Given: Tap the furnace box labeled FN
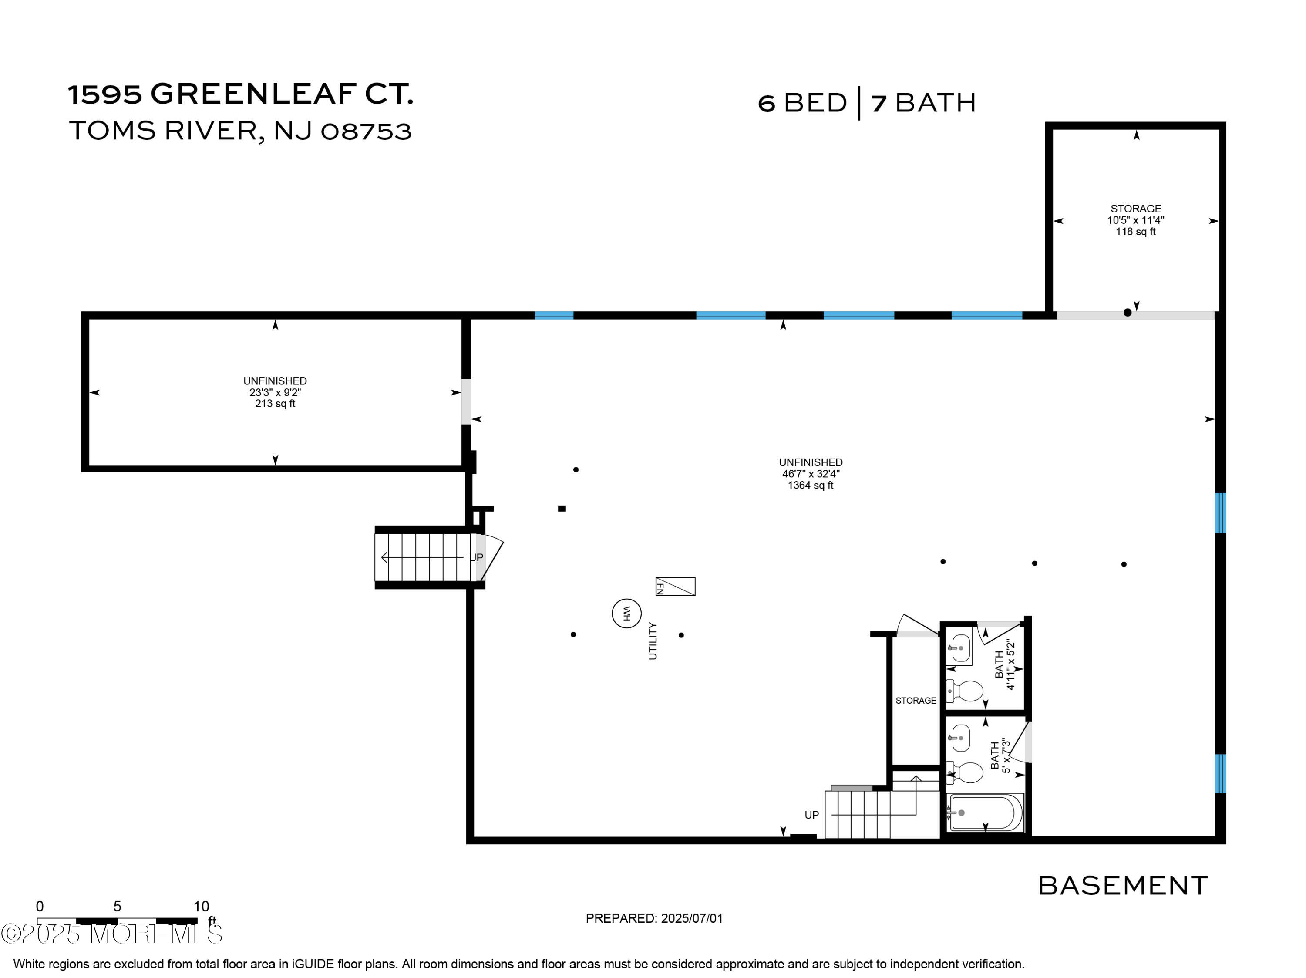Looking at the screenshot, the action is (676, 587).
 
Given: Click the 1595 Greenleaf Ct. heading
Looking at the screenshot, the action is (240, 94).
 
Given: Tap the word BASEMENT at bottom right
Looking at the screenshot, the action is (1123, 886).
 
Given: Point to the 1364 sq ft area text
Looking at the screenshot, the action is (810, 486).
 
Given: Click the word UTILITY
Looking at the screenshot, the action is (653, 641).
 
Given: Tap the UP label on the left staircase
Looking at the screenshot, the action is (476, 557).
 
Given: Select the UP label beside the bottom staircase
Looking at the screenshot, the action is (812, 815).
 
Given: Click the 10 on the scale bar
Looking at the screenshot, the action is (201, 906).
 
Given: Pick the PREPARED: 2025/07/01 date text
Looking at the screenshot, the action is (654, 918).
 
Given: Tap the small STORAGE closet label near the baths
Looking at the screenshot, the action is (916, 701).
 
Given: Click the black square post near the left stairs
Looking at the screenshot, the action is (562, 509).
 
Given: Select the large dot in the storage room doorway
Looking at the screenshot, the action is (1127, 312).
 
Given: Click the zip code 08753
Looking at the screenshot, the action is (366, 131).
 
